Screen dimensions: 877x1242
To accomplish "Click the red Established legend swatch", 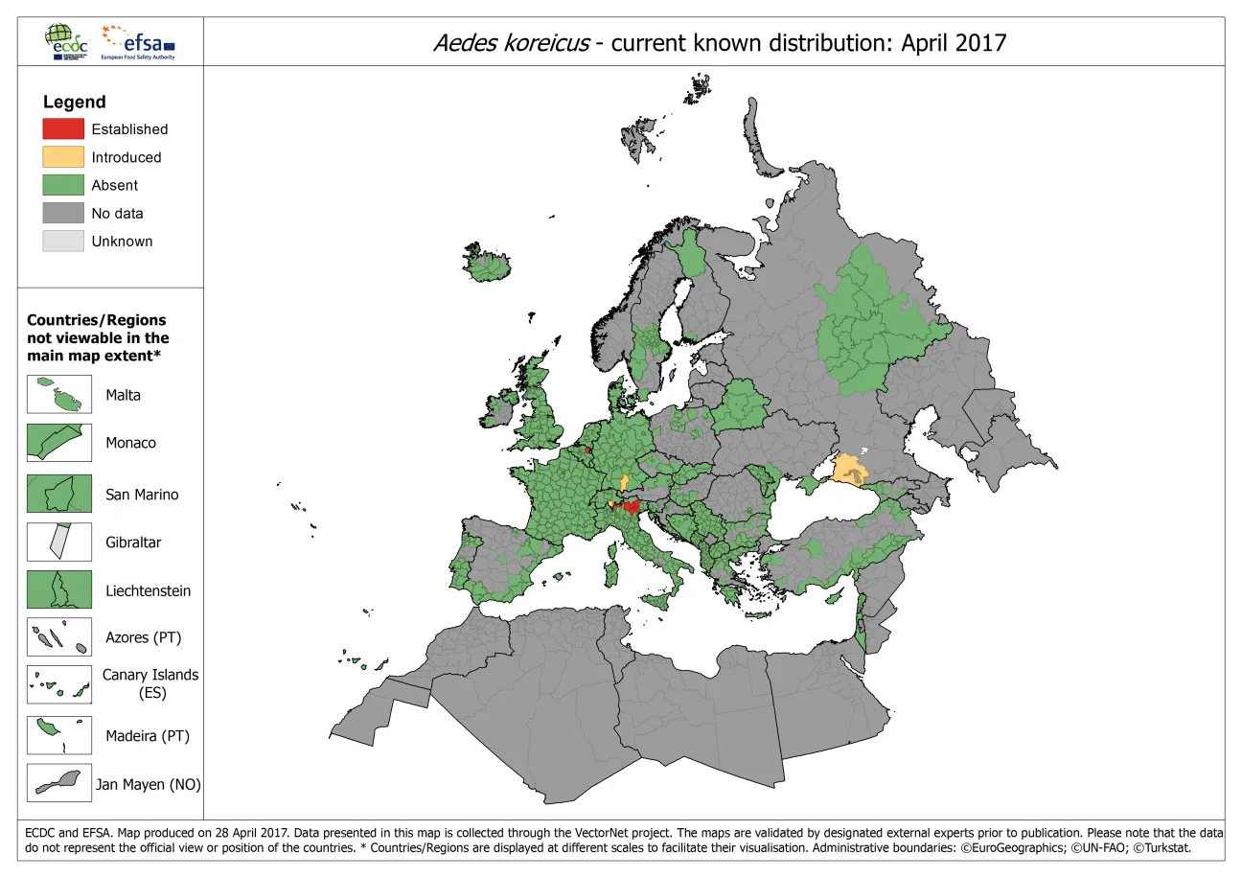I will [x=63, y=128].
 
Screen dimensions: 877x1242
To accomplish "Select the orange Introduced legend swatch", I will [x=63, y=157].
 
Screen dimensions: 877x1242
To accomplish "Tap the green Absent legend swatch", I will [x=63, y=185].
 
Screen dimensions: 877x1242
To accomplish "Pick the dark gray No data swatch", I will [x=63, y=213].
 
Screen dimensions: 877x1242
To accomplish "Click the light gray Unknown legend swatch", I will [x=63, y=242].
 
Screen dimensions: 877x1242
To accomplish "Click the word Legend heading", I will [x=75, y=102].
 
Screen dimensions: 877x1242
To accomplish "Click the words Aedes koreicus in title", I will [x=511, y=43].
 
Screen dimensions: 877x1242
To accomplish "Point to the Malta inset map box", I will [x=59, y=394].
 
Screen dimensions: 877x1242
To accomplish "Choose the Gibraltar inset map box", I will [x=59, y=542].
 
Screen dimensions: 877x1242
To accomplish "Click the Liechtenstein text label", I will [x=148, y=590].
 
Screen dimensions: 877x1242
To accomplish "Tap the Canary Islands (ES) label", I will [x=150, y=683].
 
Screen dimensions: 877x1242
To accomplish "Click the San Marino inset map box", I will [x=59, y=494].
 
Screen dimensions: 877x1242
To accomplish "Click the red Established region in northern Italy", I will [x=631, y=507].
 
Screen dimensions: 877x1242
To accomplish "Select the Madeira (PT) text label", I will [x=148, y=736].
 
